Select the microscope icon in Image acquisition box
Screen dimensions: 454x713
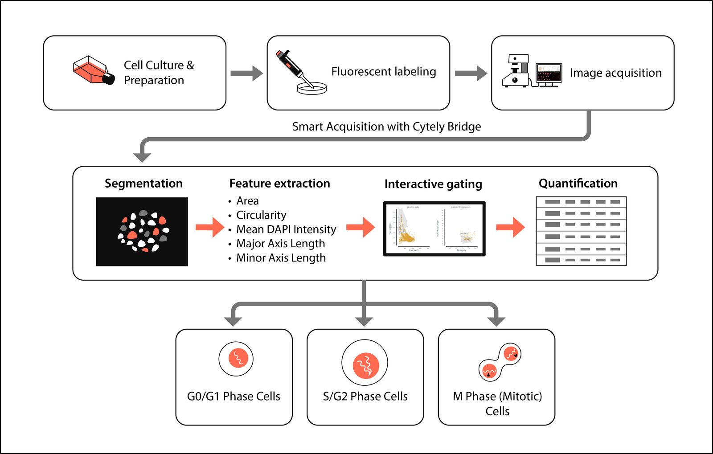(516, 71)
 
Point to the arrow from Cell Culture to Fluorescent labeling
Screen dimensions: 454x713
(246, 73)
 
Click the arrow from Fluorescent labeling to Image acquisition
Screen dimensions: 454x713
(471, 73)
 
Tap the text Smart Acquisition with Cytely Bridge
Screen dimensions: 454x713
(386, 127)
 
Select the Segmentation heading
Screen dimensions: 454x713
(143, 184)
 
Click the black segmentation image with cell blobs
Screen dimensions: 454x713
(142, 232)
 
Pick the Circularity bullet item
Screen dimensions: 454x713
(261, 215)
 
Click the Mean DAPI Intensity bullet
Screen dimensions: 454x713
(286, 229)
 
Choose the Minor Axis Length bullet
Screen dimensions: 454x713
(281, 258)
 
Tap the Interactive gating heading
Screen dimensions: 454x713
(433, 184)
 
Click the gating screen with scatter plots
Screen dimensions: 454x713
(434, 229)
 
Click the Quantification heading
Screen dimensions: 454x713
(578, 184)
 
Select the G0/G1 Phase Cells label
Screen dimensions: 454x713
(234, 396)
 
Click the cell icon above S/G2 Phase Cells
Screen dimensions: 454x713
(365, 364)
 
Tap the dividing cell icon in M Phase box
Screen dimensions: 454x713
(500, 362)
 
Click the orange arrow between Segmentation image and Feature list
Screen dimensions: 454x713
(210, 227)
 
